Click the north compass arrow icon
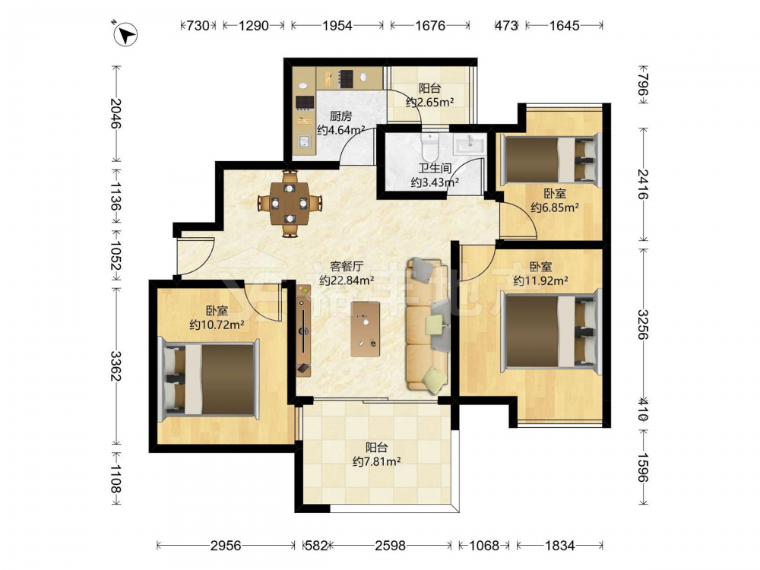point(125,34)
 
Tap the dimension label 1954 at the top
point(337,25)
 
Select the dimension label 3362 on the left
point(116,366)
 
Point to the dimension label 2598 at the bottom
point(390,546)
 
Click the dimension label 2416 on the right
point(643,184)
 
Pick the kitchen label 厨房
point(340,116)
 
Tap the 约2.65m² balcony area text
point(429,103)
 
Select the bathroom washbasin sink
point(469,144)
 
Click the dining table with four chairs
point(290,203)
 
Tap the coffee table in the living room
point(366,329)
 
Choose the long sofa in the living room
point(427,325)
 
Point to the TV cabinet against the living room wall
point(303,330)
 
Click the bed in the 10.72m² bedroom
point(209,378)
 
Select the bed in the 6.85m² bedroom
point(550,160)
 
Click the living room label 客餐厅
point(346,266)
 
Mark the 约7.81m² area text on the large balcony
point(376,461)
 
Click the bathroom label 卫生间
point(435,168)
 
